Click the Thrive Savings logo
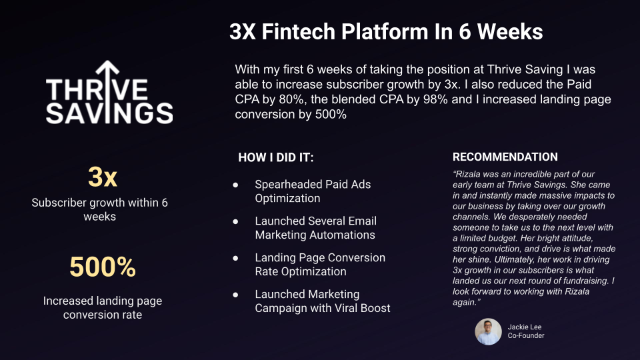click(109, 92)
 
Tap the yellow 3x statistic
click(103, 177)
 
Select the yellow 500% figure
click(103, 267)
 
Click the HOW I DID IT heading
click(276, 157)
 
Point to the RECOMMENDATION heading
click(505, 157)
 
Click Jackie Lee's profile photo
click(488, 331)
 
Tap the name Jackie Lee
click(525, 327)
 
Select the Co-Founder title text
click(526, 335)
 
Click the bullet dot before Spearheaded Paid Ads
click(235, 185)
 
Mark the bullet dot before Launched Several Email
click(235, 221)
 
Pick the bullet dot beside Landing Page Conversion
click(235, 259)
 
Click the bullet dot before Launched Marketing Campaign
click(235, 295)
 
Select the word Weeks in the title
click(510, 31)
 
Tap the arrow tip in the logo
click(107, 61)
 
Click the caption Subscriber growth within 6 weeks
click(99, 209)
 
